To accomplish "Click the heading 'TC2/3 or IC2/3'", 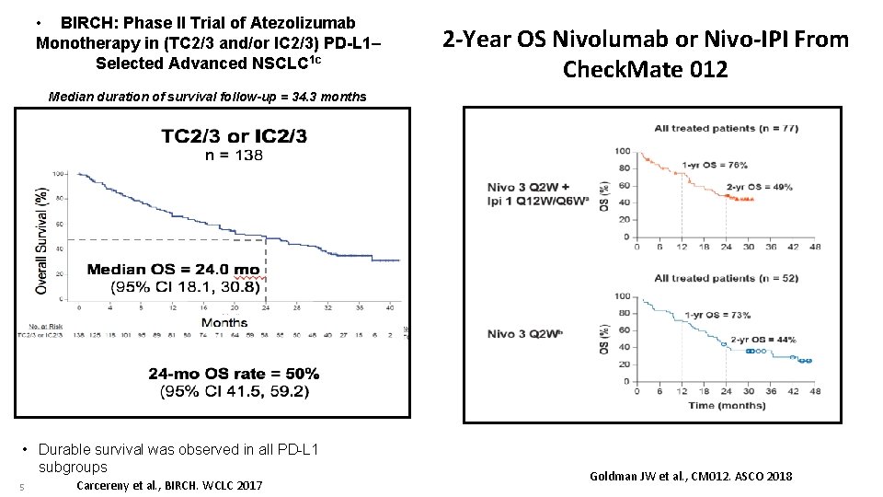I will coord(235,137).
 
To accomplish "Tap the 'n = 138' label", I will coord(234,156).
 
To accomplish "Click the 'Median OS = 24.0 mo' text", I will coord(173,270).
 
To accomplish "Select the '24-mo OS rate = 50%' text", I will coord(234,374).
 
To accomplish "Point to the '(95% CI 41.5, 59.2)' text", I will coord(234,391).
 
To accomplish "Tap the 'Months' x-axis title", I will coord(224,322).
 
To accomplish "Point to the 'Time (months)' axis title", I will coord(727,406).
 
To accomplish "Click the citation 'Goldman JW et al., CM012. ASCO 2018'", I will coord(690,476).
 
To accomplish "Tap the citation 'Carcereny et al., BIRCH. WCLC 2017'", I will coord(169,485).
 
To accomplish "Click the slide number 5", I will coord(19,486).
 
